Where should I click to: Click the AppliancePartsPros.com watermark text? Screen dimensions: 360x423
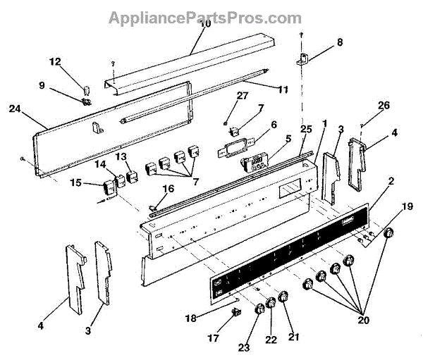204,17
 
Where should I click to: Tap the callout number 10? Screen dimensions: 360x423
205,24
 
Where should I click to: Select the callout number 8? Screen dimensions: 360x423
339,42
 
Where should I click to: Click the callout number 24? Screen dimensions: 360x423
15,108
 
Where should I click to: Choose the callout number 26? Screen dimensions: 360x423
384,106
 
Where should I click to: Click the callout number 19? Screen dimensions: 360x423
407,206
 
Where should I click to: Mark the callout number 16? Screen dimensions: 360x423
168,188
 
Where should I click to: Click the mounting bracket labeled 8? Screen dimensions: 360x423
304,60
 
